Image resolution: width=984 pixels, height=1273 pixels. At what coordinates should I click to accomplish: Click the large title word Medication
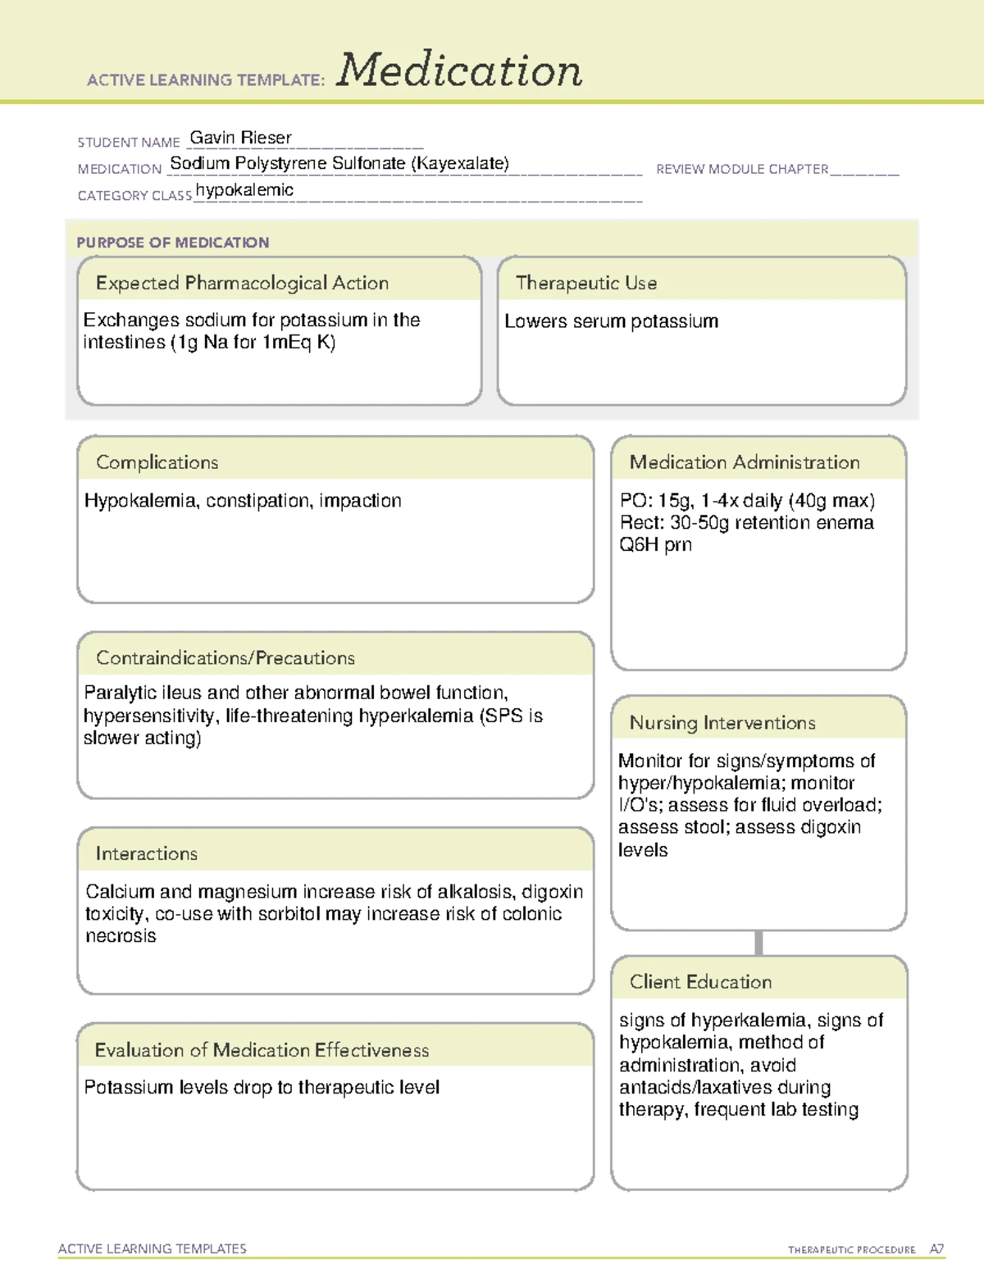(x=459, y=70)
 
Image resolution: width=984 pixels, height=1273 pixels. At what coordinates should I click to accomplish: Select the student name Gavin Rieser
(x=240, y=138)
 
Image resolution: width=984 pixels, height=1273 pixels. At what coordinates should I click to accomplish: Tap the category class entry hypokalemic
(x=244, y=190)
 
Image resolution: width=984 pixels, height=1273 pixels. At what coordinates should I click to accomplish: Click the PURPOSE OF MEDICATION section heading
(x=172, y=243)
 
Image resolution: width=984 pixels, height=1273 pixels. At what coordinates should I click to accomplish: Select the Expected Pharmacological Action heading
(x=242, y=283)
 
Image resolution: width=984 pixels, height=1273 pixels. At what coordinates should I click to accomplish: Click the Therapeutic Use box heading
(x=585, y=283)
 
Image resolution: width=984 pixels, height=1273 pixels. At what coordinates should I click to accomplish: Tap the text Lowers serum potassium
(x=611, y=321)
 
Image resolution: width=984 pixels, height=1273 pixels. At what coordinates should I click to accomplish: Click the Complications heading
(x=157, y=462)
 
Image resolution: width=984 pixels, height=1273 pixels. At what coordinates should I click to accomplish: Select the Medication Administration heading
(x=744, y=462)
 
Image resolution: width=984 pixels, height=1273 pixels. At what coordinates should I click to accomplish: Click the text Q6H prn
(x=655, y=545)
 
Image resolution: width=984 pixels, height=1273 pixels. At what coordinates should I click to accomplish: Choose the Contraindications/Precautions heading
(x=225, y=658)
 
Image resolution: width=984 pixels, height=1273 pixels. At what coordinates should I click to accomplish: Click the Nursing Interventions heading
(x=722, y=723)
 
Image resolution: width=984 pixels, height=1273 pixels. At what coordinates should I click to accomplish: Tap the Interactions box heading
(x=146, y=854)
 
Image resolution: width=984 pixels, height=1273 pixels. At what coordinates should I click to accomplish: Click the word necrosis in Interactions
(x=121, y=936)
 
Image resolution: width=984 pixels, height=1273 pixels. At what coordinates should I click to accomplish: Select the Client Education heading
(x=700, y=982)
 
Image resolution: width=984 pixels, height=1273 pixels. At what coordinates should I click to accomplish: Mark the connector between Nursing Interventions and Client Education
(x=758, y=943)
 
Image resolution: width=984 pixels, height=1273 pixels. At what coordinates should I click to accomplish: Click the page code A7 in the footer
(x=936, y=1249)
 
